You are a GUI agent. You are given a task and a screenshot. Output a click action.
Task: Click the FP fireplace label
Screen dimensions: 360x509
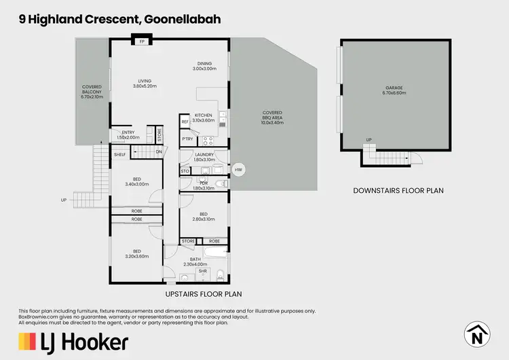click(143, 42)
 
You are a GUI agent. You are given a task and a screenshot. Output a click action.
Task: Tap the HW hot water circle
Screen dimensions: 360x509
click(238, 169)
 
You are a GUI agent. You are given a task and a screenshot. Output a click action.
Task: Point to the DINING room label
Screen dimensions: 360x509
click(204, 67)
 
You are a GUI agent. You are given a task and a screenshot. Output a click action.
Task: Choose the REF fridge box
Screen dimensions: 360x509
click(185, 122)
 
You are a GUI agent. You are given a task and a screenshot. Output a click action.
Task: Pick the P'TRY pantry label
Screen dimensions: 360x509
click(187, 140)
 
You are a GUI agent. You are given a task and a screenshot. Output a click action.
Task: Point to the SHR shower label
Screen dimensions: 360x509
click(202, 270)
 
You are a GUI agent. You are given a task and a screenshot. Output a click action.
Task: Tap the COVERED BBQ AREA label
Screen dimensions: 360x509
click(272, 116)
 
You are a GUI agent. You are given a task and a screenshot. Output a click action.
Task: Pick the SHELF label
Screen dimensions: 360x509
click(119, 155)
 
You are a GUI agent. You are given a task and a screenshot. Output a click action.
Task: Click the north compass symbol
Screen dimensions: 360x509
click(477, 334)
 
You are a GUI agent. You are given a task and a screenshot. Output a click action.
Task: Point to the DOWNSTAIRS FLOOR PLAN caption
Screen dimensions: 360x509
click(398, 191)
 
